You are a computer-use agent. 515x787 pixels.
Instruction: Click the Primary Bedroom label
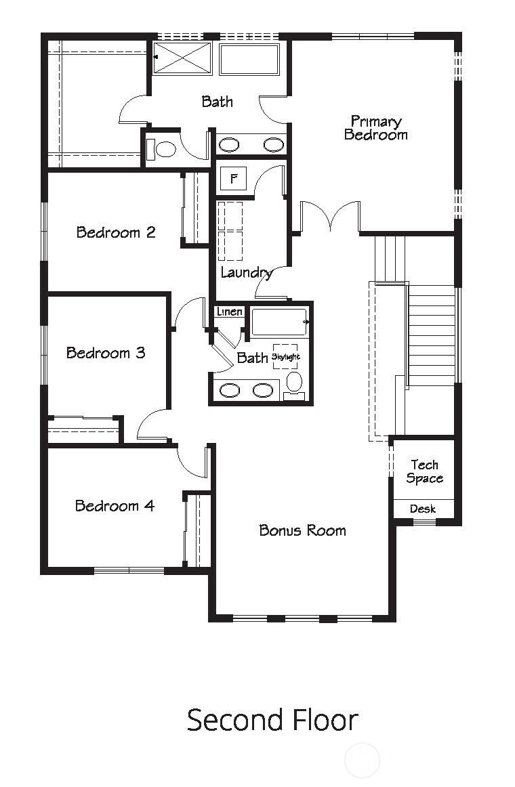pyautogui.click(x=375, y=128)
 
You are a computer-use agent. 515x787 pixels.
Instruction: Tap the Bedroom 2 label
pyautogui.click(x=116, y=232)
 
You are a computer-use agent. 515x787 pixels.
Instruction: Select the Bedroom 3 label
pyautogui.click(x=106, y=353)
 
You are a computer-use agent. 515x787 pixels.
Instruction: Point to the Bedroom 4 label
pyautogui.click(x=115, y=506)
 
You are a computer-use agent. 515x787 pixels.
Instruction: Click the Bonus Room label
pyautogui.click(x=302, y=530)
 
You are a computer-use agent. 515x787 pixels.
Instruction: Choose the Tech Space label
pyautogui.click(x=425, y=471)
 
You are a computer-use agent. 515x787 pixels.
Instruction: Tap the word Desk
pyautogui.click(x=423, y=509)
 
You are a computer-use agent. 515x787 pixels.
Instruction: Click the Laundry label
pyautogui.click(x=247, y=273)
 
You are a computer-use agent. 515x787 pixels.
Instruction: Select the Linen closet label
pyautogui.click(x=230, y=312)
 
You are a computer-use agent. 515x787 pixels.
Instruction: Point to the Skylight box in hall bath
pyautogui.click(x=285, y=356)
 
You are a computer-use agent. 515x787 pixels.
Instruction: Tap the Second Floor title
pyautogui.click(x=272, y=719)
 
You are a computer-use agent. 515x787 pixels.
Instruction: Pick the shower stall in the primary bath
pyautogui.click(x=182, y=58)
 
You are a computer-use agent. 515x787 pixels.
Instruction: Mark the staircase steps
pyautogui.click(x=432, y=335)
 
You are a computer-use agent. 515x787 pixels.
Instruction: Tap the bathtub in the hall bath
pyautogui.click(x=280, y=322)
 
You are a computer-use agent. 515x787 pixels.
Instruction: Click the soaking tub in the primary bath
pyautogui.click(x=249, y=60)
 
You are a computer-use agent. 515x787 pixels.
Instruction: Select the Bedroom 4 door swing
pyautogui.click(x=191, y=463)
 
